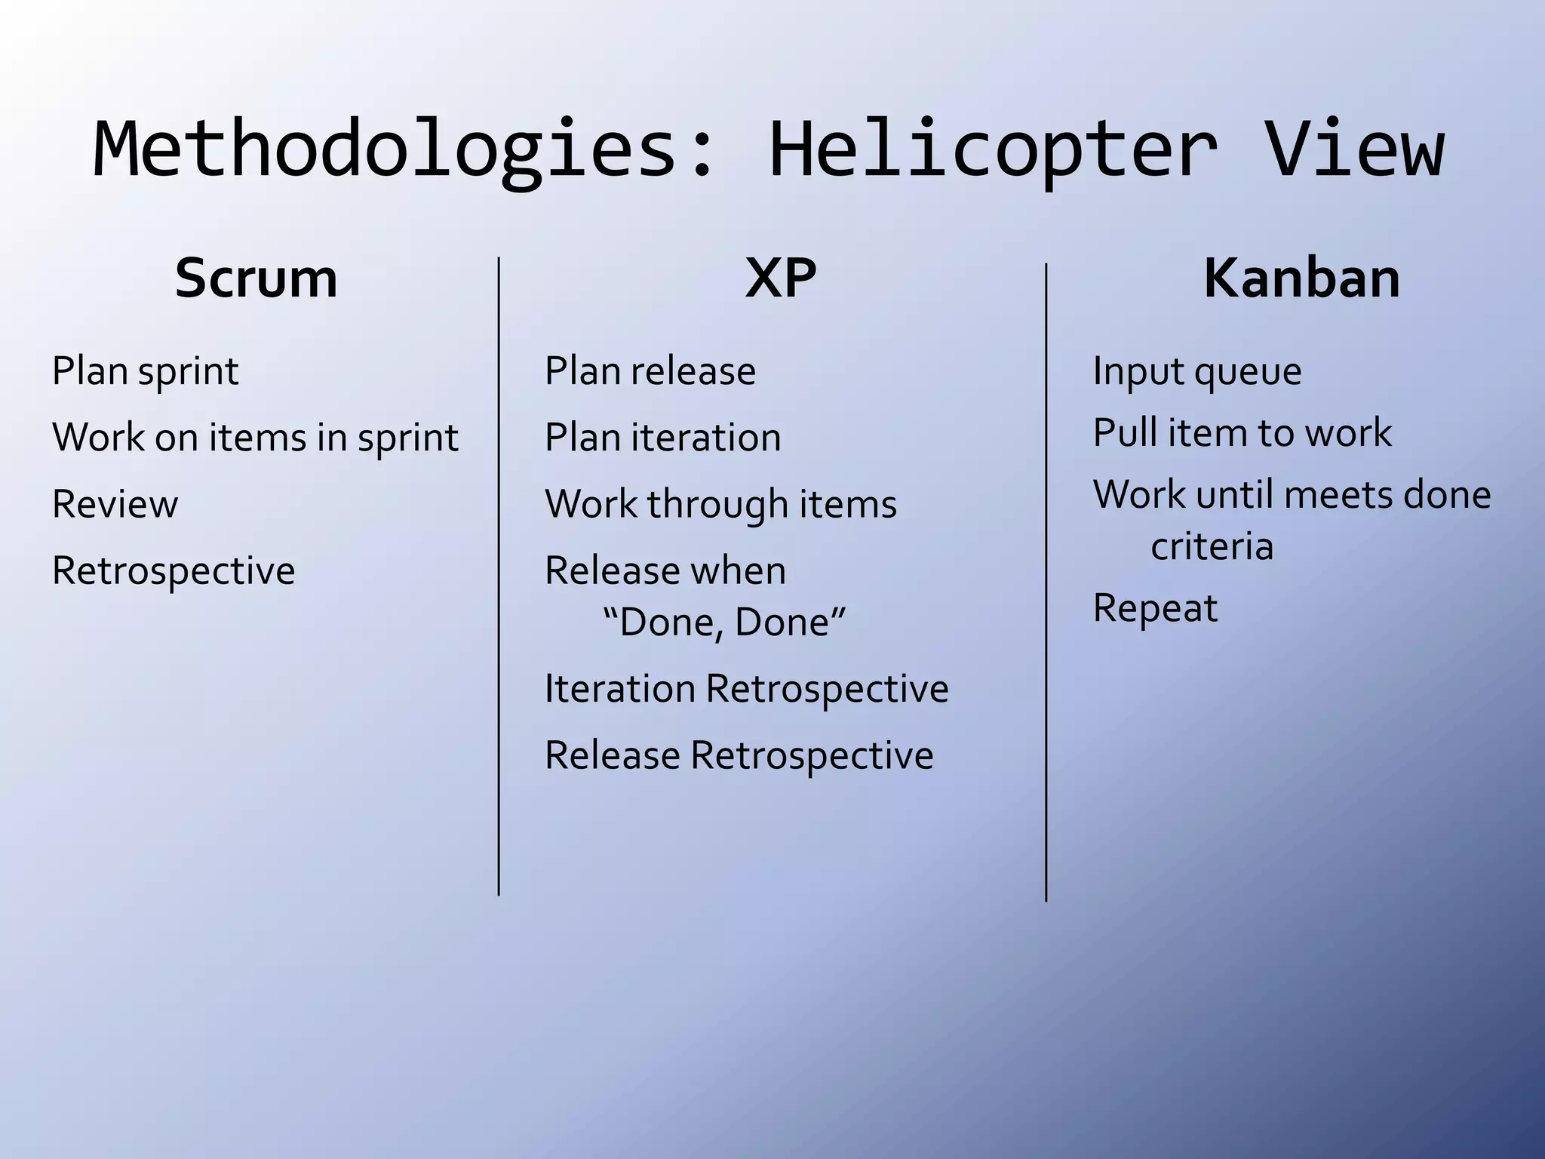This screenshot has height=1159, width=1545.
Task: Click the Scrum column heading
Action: tap(256, 278)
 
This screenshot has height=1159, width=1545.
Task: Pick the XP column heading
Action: tap(781, 278)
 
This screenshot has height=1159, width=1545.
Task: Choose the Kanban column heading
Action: tap(1302, 278)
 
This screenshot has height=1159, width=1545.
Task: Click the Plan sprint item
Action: tap(146, 371)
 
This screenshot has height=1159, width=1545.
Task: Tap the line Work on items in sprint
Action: tap(255, 438)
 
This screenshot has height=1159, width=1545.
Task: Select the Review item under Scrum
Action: tap(115, 504)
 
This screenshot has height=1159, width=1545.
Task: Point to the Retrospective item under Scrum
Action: tap(174, 570)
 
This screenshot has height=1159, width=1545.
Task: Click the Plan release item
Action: tap(650, 371)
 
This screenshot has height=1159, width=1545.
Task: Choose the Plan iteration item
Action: tap(662, 438)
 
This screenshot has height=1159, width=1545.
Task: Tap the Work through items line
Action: tap(720, 504)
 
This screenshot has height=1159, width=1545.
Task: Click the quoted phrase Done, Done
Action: tap(724, 623)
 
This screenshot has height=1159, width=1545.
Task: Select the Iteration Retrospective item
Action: tap(746, 689)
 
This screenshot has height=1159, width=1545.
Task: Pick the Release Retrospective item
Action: tap(739, 755)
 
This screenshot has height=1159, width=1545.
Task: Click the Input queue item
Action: tap(1197, 371)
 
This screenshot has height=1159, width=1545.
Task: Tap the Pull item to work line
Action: tap(1242, 433)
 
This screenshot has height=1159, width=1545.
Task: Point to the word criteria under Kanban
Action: tap(1212, 546)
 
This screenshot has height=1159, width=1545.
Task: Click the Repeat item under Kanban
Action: tap(1155, 608)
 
